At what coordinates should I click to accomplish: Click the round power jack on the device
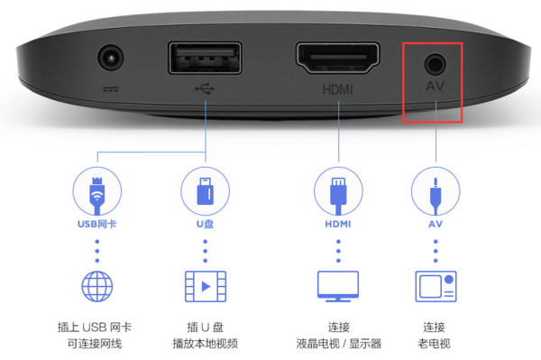point(111,60)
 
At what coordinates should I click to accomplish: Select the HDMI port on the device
point(338,60)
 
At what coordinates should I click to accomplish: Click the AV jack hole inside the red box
point(436,64)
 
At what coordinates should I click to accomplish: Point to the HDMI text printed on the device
point(338,91)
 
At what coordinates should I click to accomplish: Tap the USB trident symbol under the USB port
point(205,90)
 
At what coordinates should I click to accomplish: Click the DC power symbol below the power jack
point(111,89)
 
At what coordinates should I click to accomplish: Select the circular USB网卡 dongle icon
point(96,191)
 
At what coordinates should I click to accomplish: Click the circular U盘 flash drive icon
point(205,191)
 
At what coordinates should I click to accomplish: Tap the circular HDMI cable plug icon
point(338,191)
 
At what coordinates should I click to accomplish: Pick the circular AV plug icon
point(436,191)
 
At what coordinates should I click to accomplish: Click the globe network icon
point(96,286)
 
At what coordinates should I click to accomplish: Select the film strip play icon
point(205,286)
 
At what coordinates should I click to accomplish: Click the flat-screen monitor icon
point(338,286)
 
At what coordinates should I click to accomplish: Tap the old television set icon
point(436,286)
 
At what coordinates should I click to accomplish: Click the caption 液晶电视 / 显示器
point(338,343)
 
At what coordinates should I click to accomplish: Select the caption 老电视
point(436,343)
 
